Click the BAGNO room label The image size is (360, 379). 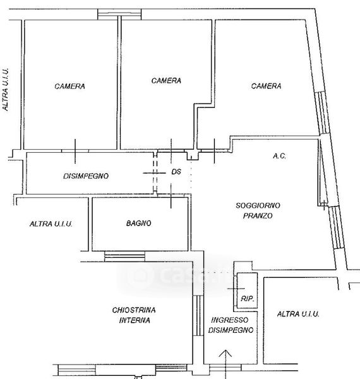(x=139, y=223)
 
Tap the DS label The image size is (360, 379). (x=176, y=172)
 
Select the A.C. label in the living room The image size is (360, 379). (x=279, y=156)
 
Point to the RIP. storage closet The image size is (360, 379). (x=247, y=291)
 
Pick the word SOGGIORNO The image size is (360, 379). (x=258, y=205)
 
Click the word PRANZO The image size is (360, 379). (x=258, y=215)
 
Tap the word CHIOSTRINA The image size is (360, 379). (x=134, y=310)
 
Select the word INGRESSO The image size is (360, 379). (x=229, y=320)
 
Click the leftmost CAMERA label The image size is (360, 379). (x=69, y=87)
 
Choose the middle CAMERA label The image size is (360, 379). (x=166, y=80)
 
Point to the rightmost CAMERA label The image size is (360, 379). (x=266, y=86)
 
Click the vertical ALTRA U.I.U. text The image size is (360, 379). (x=6, y=90)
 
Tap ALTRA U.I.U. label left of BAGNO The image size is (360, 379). (x=51, y=224)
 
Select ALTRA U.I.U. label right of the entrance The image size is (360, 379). (x=298, y=314)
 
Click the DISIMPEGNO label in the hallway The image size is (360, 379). (x=86, y=176)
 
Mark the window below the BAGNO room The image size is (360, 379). (x=124, y=256)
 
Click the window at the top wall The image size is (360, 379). (x=119, y=14)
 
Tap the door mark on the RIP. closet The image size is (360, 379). (x=236, y=289)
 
